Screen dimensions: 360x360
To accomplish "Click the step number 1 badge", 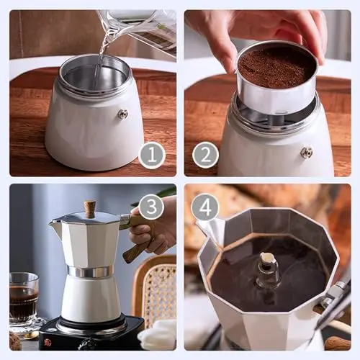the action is [152, 156].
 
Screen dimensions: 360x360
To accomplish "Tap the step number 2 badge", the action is [206, 155].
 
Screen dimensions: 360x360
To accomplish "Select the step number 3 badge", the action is [151, 207].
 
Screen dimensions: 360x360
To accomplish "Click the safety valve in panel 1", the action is [124, 114].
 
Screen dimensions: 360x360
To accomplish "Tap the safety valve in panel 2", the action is [307, 152].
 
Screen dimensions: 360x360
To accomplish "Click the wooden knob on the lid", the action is [90, 209].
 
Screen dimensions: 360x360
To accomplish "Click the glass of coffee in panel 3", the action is [24, 297].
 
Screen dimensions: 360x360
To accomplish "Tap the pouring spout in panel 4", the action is [211, 230].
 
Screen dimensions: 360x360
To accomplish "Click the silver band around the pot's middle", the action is [91, 271].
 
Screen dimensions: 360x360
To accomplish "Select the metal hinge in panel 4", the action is [336, 294].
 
